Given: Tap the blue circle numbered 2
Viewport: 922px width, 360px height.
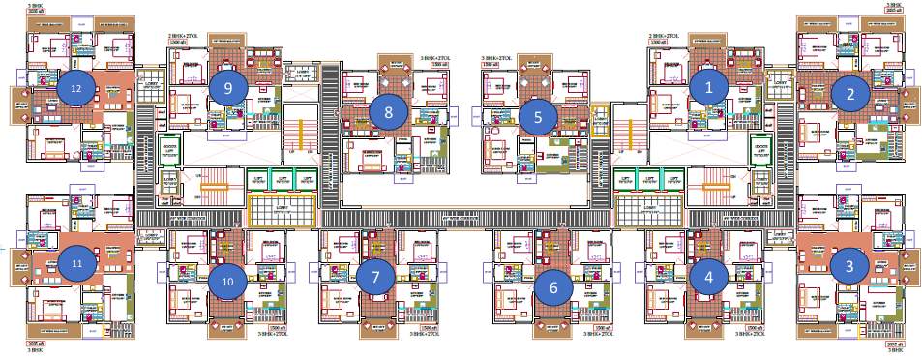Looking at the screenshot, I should coord(850,94).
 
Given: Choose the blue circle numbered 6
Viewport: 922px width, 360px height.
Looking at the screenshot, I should coord(553,286).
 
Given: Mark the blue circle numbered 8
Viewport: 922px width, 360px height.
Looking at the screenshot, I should coord(388,111).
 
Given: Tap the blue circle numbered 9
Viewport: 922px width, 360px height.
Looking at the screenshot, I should coord(227,87).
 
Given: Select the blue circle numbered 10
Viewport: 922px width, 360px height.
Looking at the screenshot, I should coord(228,282).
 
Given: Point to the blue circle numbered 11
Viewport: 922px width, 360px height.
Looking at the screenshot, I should coord(75,262).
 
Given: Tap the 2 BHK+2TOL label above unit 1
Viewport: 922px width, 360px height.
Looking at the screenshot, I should coord(666,36).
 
